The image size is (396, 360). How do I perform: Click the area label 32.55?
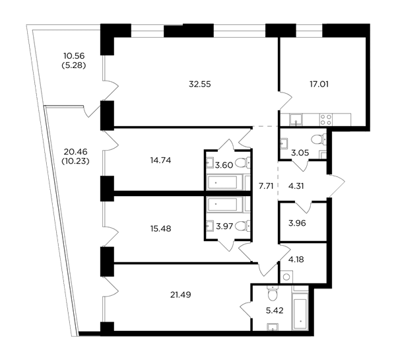tap(200, 84)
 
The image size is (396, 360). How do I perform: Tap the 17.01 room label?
tap(319, 84)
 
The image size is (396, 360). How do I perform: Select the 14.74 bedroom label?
tap(160, 161)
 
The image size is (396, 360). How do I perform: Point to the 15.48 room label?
tap(160, 229)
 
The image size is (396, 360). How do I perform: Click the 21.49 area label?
tap(181, 295)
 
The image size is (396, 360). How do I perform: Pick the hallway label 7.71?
tap(266, 186)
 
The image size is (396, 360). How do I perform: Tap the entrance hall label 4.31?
tap(296, 186)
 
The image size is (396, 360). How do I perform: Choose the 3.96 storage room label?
tap(297, 223)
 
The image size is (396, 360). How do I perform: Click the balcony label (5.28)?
tap(74, 65)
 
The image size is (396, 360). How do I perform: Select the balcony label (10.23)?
tap(75, 161)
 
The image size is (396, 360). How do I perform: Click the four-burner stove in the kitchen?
tap(326, 120)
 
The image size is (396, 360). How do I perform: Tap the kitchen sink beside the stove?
tap(296, 120)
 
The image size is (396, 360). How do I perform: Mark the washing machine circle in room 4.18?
tap(286, 277)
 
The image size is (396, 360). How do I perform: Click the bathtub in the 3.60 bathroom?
tap(222, 182)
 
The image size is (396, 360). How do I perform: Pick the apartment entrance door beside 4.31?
tap(337, 186)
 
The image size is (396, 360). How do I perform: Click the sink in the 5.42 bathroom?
tap(273, 327)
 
